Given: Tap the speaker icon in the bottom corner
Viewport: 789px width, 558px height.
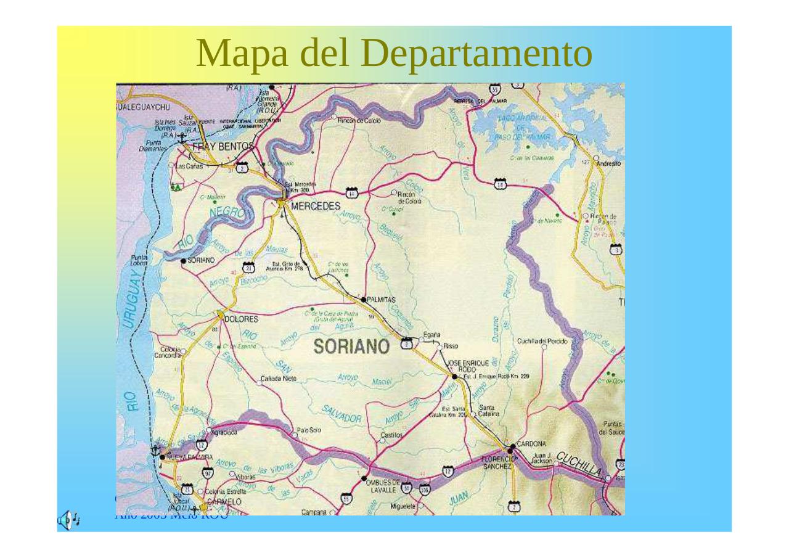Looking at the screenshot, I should click(68, 520).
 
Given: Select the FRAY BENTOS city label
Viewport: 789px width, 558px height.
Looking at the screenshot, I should click(223, 147).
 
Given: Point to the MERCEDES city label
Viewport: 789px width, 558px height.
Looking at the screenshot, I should click(315, 205).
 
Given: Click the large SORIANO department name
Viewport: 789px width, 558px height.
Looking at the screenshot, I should click(351, 347).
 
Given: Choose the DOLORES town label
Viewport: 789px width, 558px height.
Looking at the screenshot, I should click(241, 319).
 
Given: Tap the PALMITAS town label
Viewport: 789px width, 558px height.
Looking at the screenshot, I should click(382, 300).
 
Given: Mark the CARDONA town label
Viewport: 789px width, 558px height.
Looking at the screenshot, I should click(531, 443).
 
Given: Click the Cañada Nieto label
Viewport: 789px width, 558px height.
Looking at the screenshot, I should click(279, 378).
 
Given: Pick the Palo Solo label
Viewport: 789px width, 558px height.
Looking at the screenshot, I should click(308, 430).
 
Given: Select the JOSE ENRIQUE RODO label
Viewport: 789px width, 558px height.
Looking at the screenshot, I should click(468, 365).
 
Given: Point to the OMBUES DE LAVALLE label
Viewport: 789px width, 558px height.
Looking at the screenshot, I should click(383, 486).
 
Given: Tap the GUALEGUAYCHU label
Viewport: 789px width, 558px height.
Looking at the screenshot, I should click(143, 107).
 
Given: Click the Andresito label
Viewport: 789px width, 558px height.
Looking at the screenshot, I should click(610, 164).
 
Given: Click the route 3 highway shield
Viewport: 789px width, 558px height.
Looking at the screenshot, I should click(615, 248).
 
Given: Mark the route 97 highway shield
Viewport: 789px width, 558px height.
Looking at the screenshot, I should click(208, 473).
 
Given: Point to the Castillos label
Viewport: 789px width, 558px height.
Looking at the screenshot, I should click(391, 435).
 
